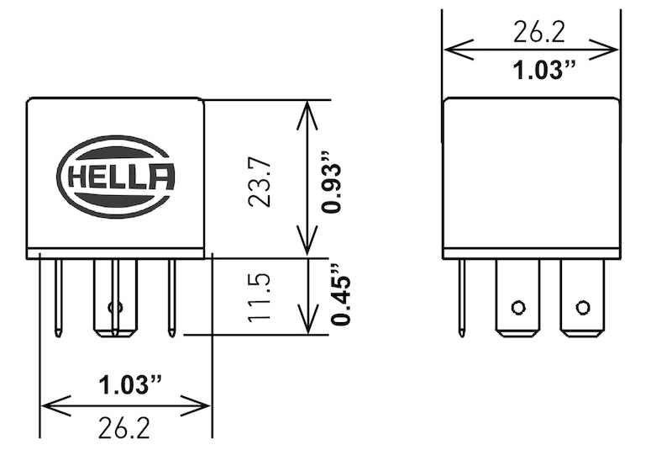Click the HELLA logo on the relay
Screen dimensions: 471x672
coord(116,177)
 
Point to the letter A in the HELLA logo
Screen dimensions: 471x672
coord(162,177)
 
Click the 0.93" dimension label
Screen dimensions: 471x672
coord(333,182)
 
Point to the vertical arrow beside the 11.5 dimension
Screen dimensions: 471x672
coord(308,295)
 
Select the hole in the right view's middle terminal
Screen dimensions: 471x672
coord(517,306)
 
